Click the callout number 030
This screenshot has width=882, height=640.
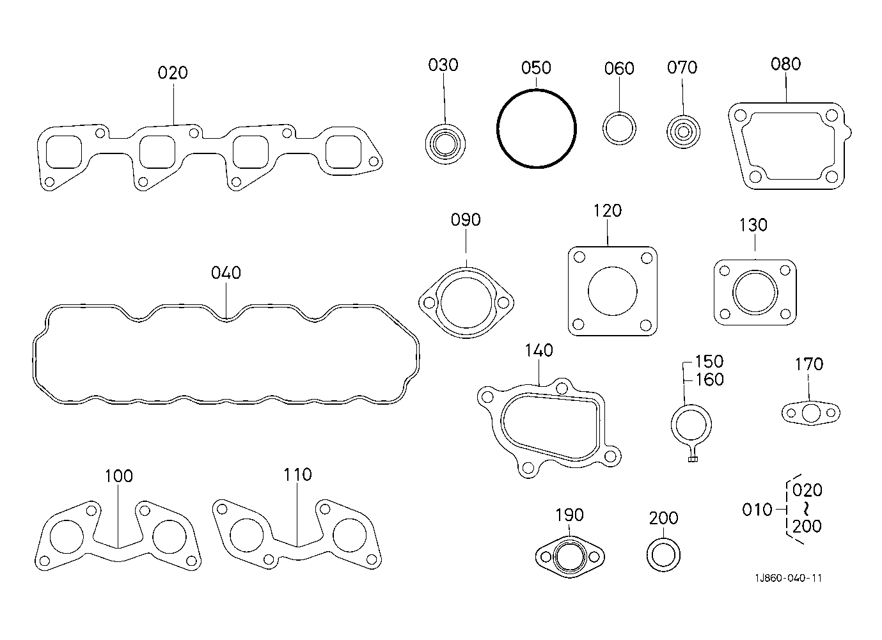pyautogui.click(x=443, y=65)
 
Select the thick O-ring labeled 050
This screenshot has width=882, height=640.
pyautogui.click(x=498, y=129)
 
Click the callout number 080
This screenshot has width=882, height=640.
pyautogui.click(x=785, y=64)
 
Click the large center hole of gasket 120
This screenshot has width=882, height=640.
pyautogui.click(x=612, y=292)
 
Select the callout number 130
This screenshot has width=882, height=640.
pyautogui.click(x=753, y=225)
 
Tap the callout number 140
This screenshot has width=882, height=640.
pyautogui.click(x=539, y=350)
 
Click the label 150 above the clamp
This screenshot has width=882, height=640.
pyautogui.click(x=709, y=361)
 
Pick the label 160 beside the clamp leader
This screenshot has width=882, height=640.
pyautogui.click(x=709, y=379)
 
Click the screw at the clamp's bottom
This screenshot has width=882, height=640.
pyautogui.click(x=693, y=458)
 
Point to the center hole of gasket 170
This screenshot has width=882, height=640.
pyautogui.click(x=811, y=413)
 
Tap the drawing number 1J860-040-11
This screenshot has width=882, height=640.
pyautogui.click(x=788, y=578)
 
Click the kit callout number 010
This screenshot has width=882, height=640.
pyautogui.click(x=757, y=510)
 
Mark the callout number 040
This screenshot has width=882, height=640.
pyautogui.click(x=226, y=273)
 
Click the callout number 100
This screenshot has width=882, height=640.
pyautogui.click(x=118, y=476)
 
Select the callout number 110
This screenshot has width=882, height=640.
pyautogui.click(x=297, y=474)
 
